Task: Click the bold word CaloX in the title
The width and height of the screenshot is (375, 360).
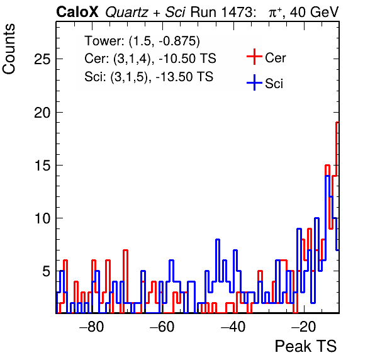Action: click(77, 12)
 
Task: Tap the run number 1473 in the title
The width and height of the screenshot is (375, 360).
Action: click(237, 12)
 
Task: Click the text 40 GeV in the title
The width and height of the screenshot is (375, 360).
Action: click(314, 12)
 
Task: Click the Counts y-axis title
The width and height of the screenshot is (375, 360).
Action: click(9, 49)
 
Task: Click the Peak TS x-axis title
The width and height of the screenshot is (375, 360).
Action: click(306, 346)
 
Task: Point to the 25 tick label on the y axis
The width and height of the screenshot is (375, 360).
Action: click(42, 59)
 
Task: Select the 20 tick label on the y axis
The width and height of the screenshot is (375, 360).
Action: click(42, 112)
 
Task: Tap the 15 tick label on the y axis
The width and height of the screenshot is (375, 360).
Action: click(42, 166)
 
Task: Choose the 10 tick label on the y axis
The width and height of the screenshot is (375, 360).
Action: click(42, 218)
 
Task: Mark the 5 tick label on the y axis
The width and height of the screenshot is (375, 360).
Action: click(47, 271)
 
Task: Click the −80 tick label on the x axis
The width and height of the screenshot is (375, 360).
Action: click(92, 327)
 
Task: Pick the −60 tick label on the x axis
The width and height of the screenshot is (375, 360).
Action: click(162, 327)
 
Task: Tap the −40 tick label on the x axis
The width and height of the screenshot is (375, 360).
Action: click(233, 327)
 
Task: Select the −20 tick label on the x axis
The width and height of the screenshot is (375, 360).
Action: click(303, 327)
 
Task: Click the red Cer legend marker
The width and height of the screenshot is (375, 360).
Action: click(254, 57)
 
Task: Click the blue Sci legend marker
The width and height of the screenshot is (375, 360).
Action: click(254, 83)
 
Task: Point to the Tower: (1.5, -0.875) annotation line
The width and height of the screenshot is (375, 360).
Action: click(142, 41)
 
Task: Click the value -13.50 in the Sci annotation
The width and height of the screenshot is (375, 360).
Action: click(172, 77)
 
